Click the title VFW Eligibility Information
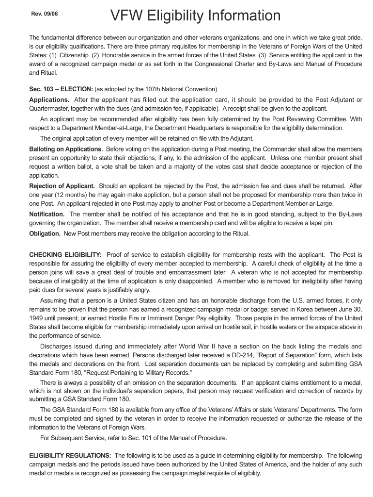tap(195, 16)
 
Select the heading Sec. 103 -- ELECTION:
tap(61, 89)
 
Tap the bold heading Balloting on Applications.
tap(66, 149)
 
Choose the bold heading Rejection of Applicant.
tap(62, 186)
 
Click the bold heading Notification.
tap(47, 214)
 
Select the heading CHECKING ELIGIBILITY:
tap(65, 255)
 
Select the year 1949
tap(37, 318)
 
